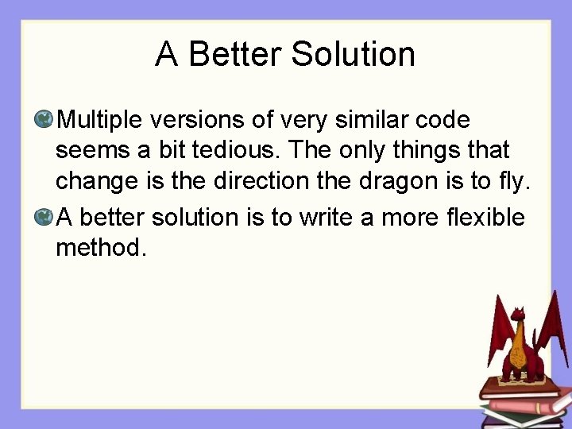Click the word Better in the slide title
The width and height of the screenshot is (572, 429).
click(236, 55)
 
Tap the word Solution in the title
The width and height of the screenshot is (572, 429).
click(353, 55)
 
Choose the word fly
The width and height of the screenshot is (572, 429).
click(511, 182)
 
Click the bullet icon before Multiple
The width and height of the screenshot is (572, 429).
click(44, 120)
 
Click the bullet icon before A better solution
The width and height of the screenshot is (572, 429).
click(44, 217)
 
